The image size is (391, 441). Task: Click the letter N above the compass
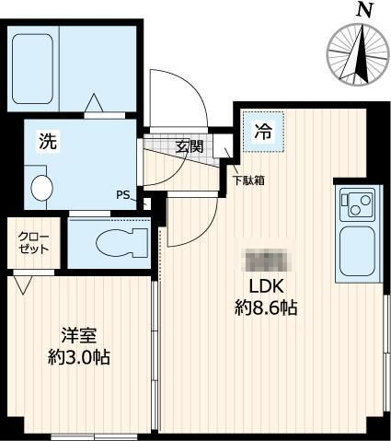point(365,10)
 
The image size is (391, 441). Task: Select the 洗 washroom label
point(47,142)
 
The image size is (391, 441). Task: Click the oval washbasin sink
point(42,187)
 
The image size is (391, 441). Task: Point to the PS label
point(122,194)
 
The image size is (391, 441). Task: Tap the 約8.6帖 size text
point(265,308)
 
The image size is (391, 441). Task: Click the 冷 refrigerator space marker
point(263,131)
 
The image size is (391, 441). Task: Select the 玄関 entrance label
point(190,145)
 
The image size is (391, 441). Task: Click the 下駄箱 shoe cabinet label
point(248,180)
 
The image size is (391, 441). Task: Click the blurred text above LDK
point(265,259)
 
